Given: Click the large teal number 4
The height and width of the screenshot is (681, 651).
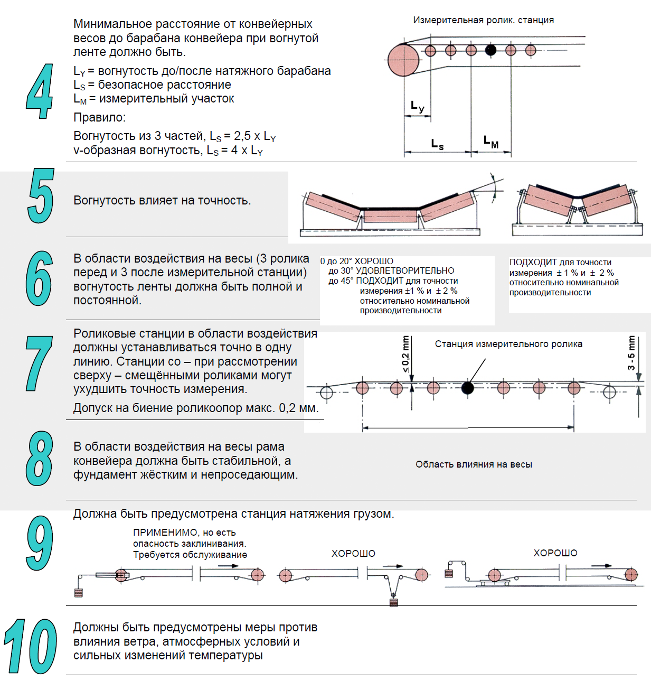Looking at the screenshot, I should [40, 91].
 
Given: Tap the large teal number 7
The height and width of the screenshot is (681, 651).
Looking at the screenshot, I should [40, 363].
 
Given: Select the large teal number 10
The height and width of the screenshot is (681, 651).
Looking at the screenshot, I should [31, 647].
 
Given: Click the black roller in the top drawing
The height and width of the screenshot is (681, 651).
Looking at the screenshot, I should [490, 50].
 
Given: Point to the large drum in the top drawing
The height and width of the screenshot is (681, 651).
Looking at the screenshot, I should [403, 60].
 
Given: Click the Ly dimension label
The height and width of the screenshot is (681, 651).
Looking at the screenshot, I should [417, 107].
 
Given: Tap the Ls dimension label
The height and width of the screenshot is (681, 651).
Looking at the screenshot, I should [437, 144].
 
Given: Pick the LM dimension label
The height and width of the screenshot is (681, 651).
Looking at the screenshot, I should [490, 142].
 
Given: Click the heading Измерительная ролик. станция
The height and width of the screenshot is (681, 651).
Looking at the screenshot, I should [483, 20].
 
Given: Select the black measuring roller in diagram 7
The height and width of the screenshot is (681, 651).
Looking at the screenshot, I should [467, 388].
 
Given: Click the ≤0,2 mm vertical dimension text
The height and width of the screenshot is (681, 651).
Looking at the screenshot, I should [405, 355].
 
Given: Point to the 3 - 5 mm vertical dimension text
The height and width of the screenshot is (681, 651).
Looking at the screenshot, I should [631, 353].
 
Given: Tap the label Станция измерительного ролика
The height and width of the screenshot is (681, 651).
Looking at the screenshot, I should [508, 344].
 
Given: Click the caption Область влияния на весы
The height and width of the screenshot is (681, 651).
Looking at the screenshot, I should [474, 464].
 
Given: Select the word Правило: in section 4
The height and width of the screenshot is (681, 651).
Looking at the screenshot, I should [100, 117].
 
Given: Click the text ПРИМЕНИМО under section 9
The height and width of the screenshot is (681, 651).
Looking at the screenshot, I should [165, 533].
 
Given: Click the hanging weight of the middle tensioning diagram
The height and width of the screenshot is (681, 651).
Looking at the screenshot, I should [393, 602].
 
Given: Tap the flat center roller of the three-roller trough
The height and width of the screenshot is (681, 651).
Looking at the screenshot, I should [390, 216].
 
